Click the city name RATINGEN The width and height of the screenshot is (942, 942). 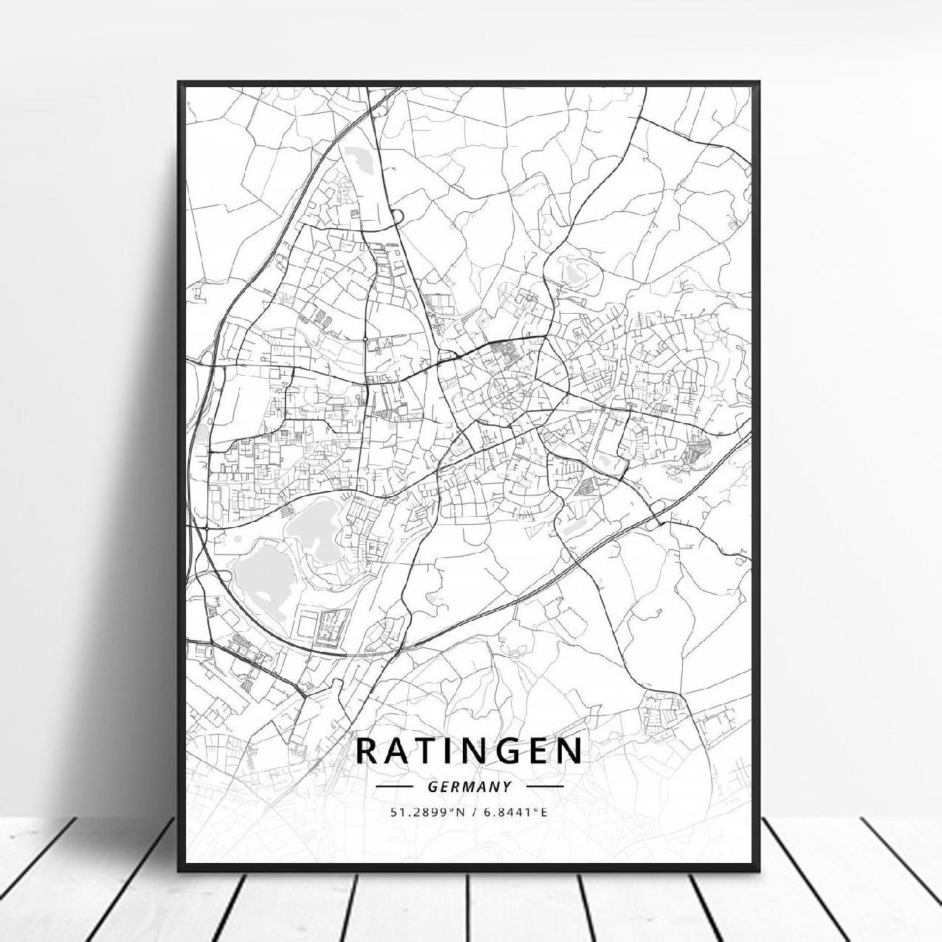(x=469, y=750)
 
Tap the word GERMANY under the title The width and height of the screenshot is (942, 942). (x=469, y=787)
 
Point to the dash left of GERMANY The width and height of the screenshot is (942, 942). (x=393, y=787)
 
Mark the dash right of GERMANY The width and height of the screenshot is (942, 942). (x=545, y=787)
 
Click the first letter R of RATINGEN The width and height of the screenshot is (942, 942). (x=367, y=750)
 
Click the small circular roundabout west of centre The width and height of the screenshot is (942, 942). (x=365, y=339)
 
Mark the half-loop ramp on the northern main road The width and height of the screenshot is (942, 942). (x=398, y=216)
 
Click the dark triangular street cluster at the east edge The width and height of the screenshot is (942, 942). (x=698, y=450)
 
